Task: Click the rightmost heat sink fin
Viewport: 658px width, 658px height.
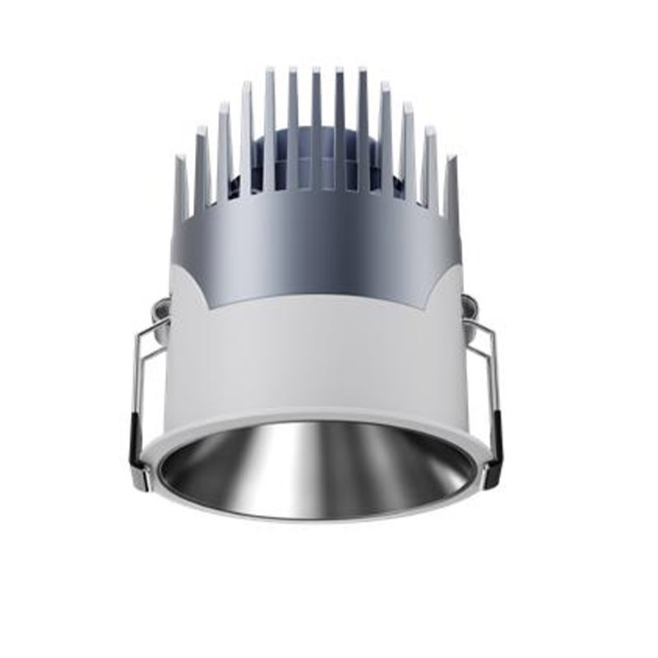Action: point(450,189)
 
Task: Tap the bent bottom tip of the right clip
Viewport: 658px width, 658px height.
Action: point(491,477)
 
